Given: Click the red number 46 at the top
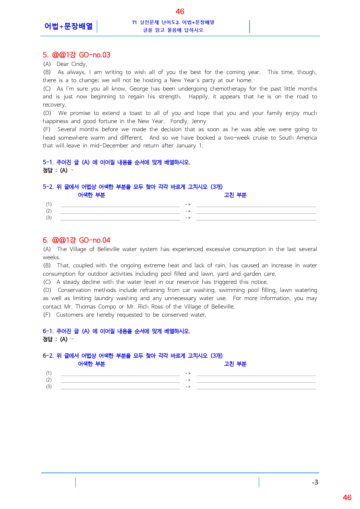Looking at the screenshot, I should point(180,12).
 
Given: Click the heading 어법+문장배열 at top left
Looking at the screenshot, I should point(69,26).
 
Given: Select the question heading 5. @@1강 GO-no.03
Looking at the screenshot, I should point(76,55).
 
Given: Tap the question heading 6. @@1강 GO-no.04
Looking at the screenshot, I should point(76,240).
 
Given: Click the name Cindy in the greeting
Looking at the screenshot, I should point(79,64).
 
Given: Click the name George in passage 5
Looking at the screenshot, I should point(138,89).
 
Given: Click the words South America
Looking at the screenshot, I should point(298,138).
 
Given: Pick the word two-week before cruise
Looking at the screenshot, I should point(237,138).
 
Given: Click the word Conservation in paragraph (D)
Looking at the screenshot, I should point(74,290).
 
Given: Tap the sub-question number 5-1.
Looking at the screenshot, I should point(48,162).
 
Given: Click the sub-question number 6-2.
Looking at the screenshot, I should point(48,355).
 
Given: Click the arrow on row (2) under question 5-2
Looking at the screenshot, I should point(188,211).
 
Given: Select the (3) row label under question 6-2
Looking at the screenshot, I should point(49,387).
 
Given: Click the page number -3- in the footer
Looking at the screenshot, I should point(315,482).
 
